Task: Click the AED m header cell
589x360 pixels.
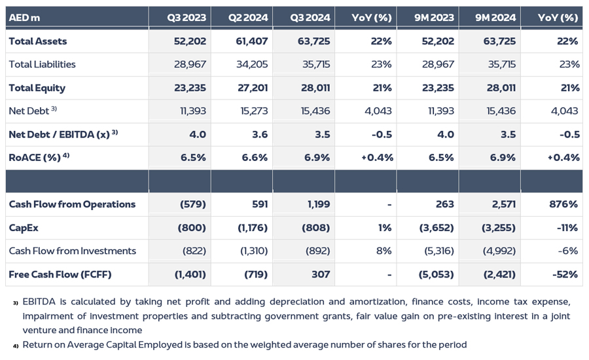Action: (x=25, y=18)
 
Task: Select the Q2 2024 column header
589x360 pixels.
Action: (x=248, y=18)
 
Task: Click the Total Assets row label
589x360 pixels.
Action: (x=38, y=41)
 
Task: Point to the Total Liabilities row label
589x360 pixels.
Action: (x=43, y=64)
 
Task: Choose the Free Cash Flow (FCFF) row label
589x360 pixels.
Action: (x=60, y=274)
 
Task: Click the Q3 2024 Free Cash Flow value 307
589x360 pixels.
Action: (x=320, y=274)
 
